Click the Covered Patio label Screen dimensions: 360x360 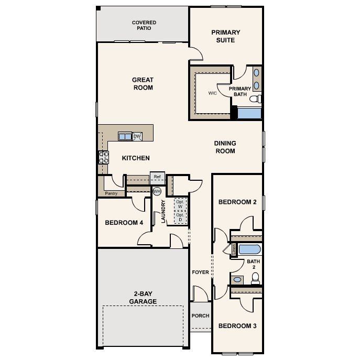[144, 25]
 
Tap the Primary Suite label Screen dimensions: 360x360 [226, 36]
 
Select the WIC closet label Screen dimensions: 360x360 [212, 93]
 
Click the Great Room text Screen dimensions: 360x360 [143, 84]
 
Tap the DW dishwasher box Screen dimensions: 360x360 [137, 137]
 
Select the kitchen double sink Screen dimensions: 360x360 [125, 137]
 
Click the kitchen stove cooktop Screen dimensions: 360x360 [103, 158]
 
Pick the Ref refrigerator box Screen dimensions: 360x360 [158, 177]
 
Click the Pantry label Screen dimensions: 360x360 [111, 193]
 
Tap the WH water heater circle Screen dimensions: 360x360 [156, 192]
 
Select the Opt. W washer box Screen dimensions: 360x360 [180, 204]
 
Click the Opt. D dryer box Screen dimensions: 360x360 [180, 217]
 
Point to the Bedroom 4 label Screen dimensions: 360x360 [124, 223]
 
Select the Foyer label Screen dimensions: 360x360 [200, 272]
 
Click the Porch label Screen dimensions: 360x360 [200, 316]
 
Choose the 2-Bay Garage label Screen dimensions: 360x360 [143, 298]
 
